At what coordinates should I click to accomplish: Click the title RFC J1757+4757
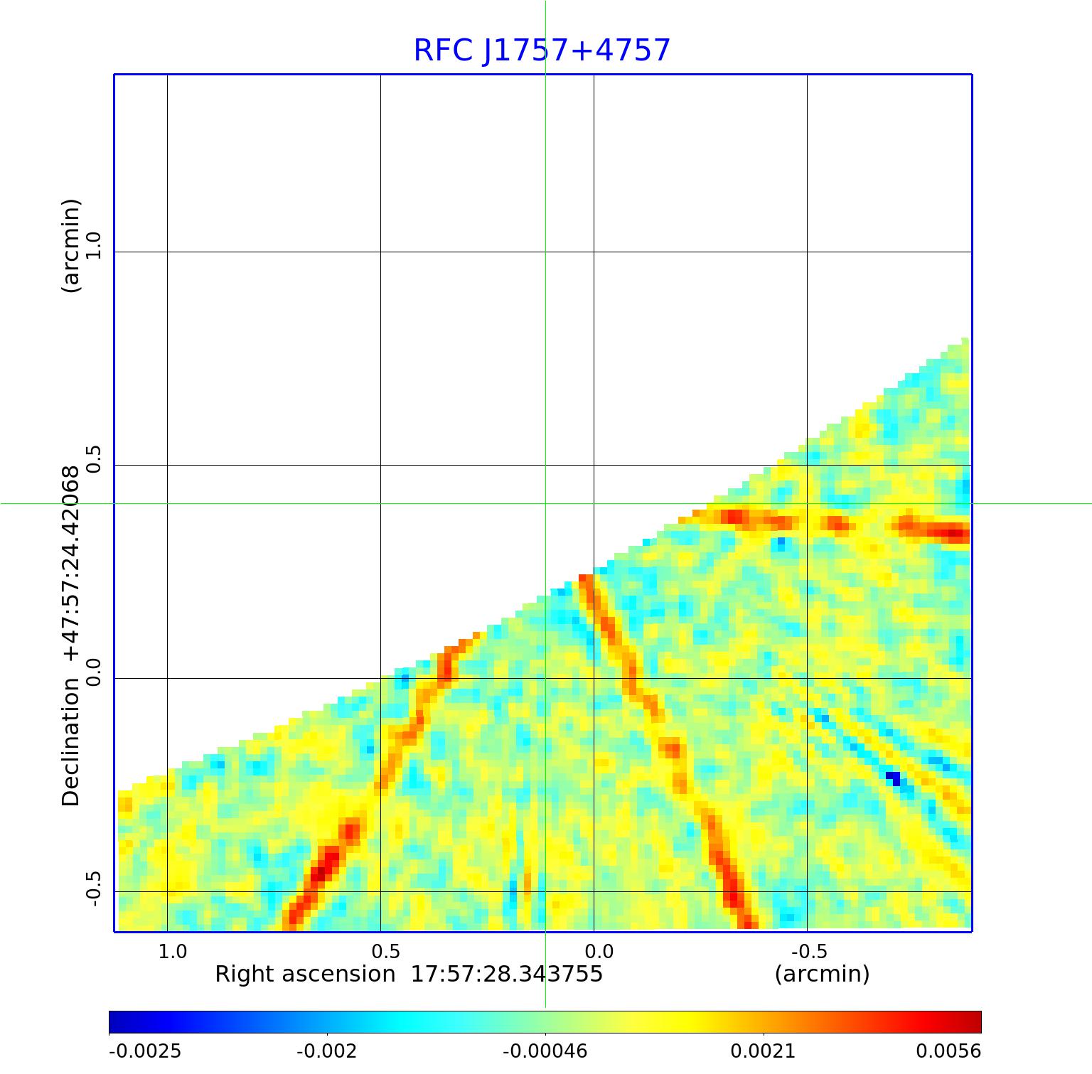coord(542,50)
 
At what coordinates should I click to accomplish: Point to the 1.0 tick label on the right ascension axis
coord(173,951)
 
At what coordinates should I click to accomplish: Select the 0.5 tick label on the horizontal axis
coord(386,951)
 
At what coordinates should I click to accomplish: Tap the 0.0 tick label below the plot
coord(599,951)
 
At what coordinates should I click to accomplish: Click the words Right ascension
coord(305,974)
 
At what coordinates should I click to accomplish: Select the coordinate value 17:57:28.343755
coord(507,974)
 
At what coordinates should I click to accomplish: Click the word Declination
coord(71,742)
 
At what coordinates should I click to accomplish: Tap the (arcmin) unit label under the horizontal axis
coord(822,974)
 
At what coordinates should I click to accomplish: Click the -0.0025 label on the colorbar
coord(145,1051)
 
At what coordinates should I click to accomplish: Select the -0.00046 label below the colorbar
coord(545,1051)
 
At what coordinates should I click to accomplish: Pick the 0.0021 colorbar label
coord(764,1051)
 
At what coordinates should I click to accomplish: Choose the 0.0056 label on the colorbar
coord(948,1051)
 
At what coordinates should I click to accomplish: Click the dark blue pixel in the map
coord(893,779)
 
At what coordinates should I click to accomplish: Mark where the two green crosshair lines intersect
coord(545,503)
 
